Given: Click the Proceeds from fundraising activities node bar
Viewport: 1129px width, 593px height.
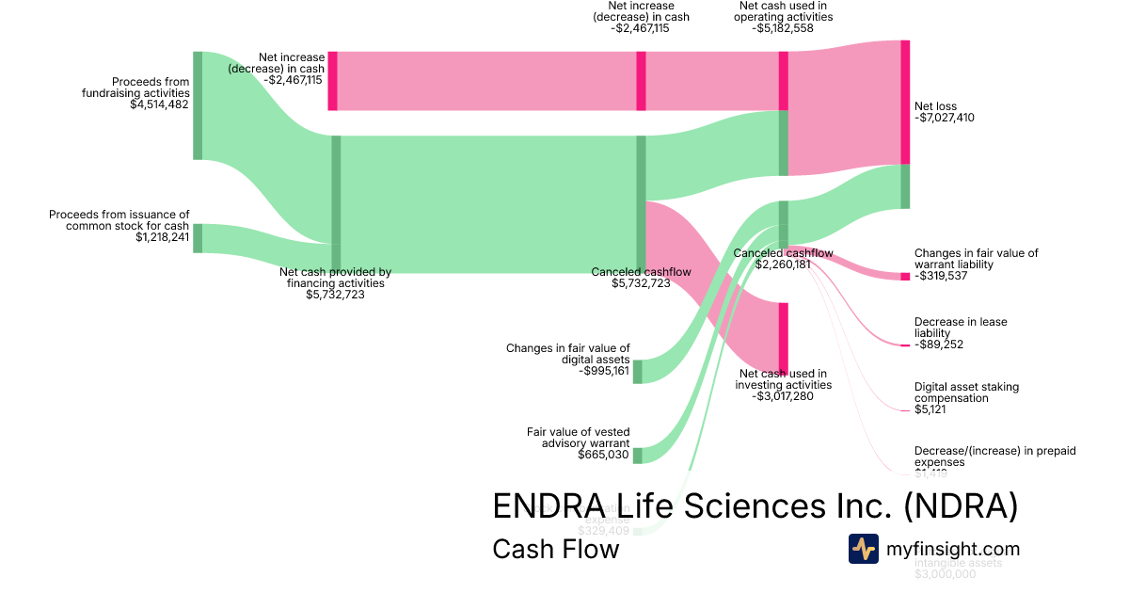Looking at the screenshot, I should (x=198, y=105).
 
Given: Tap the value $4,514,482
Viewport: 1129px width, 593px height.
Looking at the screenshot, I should (x=160, y=104).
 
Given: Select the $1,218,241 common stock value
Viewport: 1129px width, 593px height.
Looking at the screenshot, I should (x=162, y=237).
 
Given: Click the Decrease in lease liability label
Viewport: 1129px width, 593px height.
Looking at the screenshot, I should (x=960, y=328).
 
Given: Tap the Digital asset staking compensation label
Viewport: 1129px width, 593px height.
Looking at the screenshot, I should (x=965, y=393).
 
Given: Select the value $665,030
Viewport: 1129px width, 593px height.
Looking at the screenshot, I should (x=603, y=455).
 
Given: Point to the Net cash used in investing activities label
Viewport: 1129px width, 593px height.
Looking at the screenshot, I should (x=783, y=379).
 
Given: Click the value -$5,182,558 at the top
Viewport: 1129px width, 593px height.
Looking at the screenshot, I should (x=783, y=28).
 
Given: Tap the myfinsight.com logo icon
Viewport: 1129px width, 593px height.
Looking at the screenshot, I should (x=863, y=549).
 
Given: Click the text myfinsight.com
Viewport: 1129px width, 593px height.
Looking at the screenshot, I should (x=953, y=549).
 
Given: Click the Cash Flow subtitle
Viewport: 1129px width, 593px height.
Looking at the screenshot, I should (x=555, y=549).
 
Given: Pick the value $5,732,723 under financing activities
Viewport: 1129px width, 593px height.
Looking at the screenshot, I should (x=335, y=294).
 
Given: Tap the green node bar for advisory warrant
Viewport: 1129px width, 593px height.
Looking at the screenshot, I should (x=637, y=456).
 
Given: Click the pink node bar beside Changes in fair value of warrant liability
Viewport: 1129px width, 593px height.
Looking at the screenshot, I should (x=905, y=276).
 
